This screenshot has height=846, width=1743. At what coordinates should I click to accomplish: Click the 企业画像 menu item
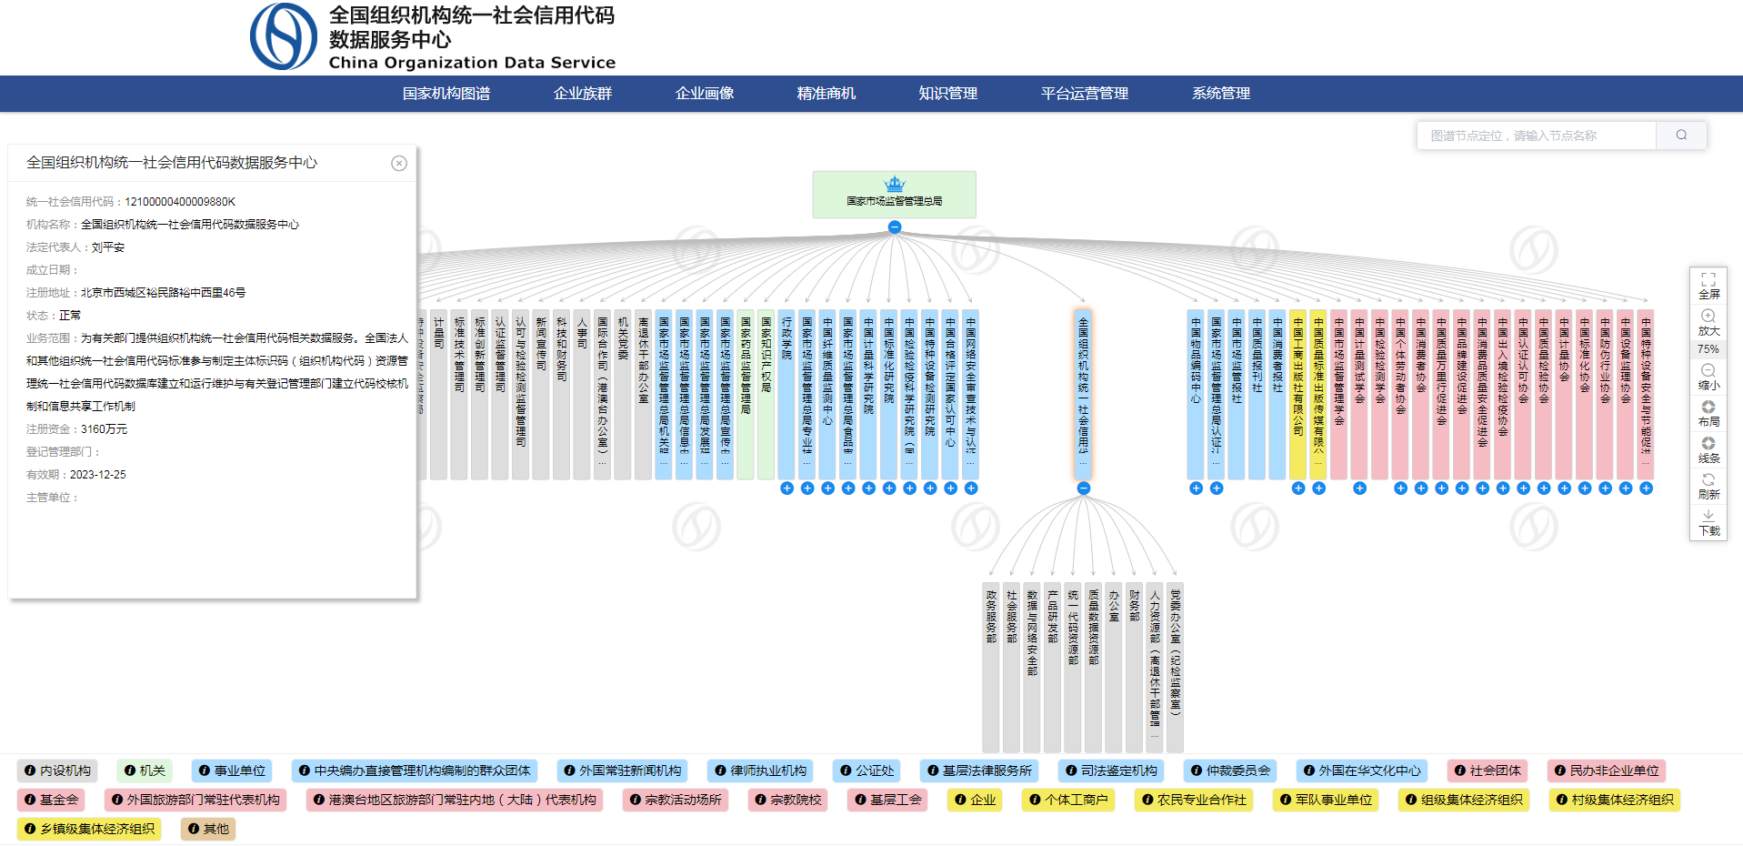pos(705,94)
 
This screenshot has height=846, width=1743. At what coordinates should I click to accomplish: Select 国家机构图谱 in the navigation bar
pos(446,94)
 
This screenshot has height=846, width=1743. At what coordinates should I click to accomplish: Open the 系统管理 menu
pos(1220,94)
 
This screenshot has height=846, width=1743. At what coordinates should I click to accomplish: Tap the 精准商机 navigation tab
pos(826,94)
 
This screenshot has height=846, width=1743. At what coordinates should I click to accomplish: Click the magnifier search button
pos(1681,136)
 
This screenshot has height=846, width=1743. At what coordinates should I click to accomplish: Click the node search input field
pos(1536,136)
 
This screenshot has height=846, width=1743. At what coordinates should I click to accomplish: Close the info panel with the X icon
pos(399,164)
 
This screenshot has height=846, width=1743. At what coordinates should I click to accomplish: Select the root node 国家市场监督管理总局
pos(894,195)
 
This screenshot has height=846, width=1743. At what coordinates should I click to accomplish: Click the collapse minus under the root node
pos(895,227)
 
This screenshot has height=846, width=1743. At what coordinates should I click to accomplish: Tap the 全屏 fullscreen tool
pos(1708,286)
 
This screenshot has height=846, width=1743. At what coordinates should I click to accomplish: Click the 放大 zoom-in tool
pos(1708,322)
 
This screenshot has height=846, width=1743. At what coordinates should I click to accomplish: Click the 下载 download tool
pos(1708,522)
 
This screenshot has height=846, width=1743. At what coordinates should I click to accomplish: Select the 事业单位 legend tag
pos(232,770)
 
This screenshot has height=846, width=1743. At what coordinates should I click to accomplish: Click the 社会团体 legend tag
pos(1488,770)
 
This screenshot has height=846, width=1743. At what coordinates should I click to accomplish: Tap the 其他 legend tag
pos(208,829)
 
